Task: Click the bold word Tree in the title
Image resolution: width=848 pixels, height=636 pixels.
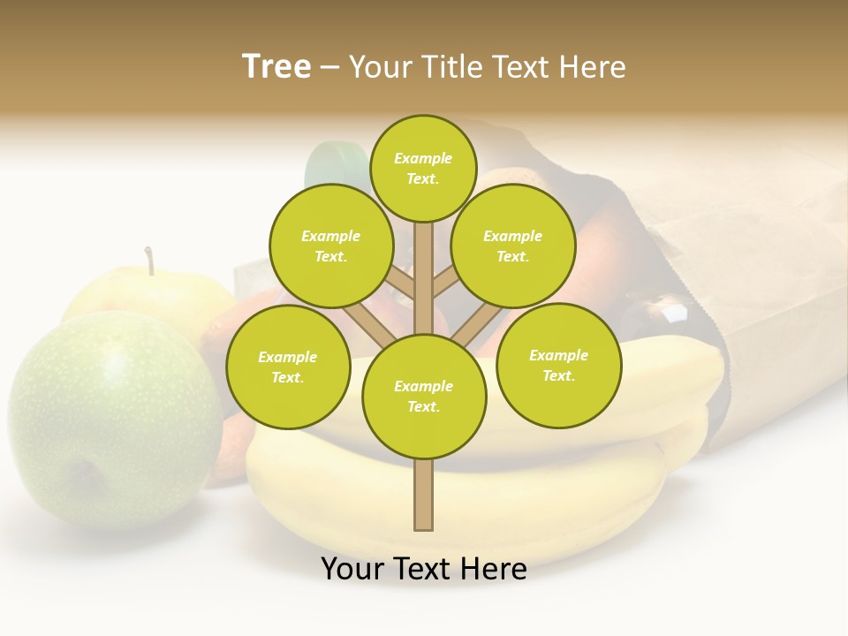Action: (276, 67)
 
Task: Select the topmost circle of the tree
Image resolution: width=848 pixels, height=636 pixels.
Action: (423, 168)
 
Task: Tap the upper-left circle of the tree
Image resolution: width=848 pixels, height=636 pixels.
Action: (330, 246)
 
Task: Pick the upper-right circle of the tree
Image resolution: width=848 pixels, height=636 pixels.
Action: (512, 246)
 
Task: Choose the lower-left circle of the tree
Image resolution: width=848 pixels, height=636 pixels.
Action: (288, 367)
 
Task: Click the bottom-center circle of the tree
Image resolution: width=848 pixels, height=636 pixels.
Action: (424, 396)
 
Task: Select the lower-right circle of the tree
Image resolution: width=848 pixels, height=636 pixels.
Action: (558, 365)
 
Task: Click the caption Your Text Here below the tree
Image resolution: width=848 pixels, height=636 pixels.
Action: (424, 569)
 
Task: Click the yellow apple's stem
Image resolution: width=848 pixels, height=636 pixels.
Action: (149, 261)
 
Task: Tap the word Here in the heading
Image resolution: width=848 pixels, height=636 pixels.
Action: (591, 67)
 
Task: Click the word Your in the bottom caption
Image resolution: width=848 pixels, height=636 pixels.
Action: (352, 569)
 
